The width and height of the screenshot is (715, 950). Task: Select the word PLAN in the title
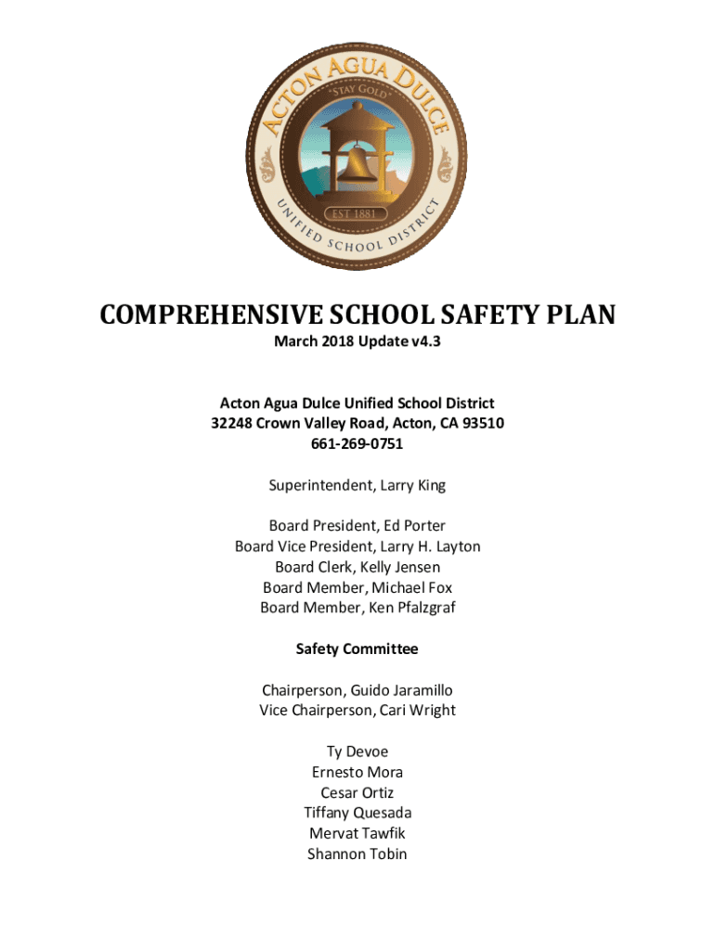click(580, 315)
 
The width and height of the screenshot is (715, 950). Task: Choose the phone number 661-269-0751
click(357, 443)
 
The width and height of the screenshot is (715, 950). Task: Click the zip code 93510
click(483, 423)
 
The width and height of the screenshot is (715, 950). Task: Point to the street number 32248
click(231, 423)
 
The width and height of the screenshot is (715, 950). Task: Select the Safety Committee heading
click(357, 649)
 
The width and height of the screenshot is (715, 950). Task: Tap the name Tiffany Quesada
click(357, 813)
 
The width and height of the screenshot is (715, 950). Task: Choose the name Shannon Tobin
click(357, 854)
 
